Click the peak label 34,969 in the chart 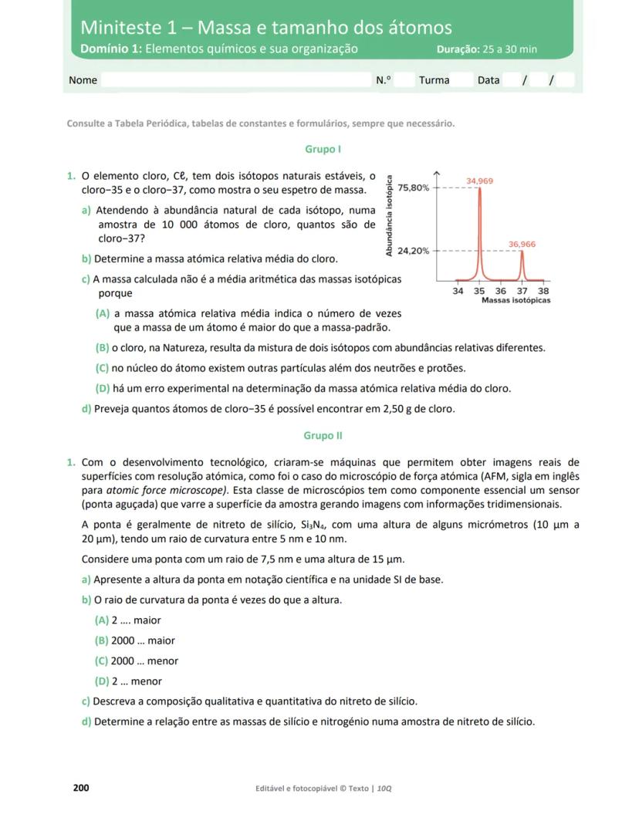click(479, 181)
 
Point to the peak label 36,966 click(522, 244)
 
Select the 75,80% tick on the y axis click(414, 188)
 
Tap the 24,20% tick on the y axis click(414, 252)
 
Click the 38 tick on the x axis click(543, 291)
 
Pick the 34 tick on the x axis click(458, 291)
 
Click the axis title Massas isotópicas click(516, 300)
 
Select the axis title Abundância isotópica click(390, 217)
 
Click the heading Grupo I click(323, 149)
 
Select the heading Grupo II click(323, 436)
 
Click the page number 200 click(81, 788)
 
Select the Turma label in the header click(434, 80)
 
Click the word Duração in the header click(458, 49)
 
